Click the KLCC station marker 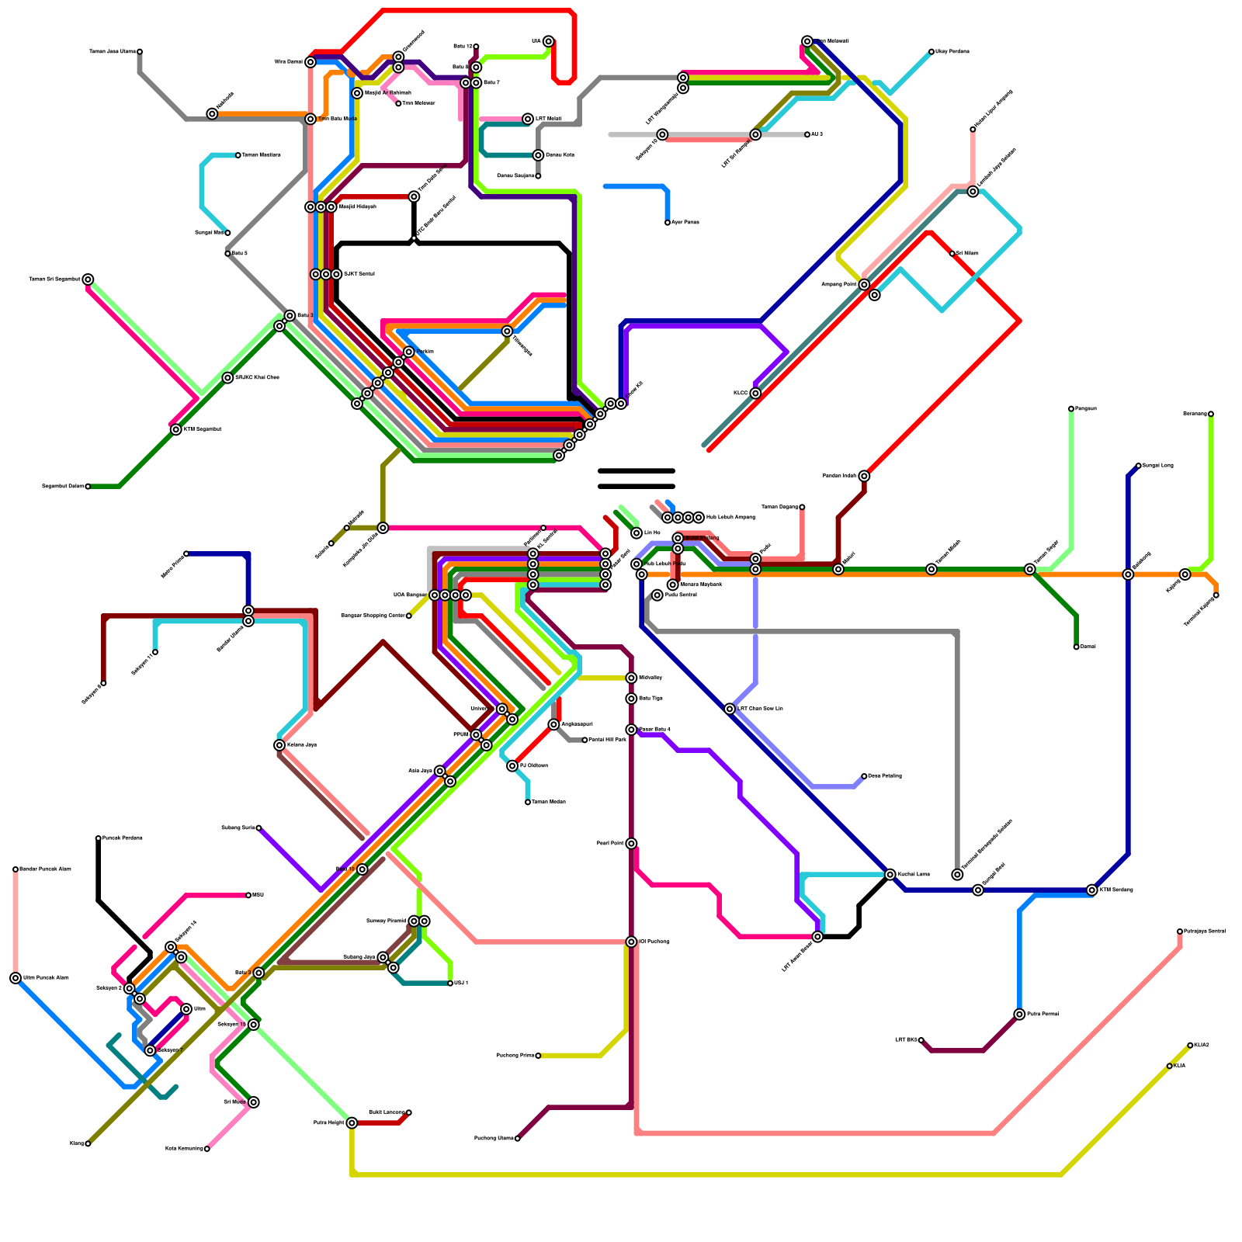pyautogui.click(x=755, y=394)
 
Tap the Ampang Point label pyautogui.click(x=839, y=285)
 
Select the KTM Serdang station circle pyautogui.click(x=1092, y=890)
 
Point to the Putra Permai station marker pyautogui.click(x=1019, y=1015)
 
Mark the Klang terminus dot pyautogui.click(x=88, y=1143)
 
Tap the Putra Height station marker pyautogui.click(x=352, y=1123)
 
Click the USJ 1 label pyautogui.click(x=461, y=984)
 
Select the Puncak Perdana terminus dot pyautogui.click(x=99, y=838)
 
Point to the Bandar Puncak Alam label pyautogui.click(x=45, y=869)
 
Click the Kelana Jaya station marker pyautogui.click(x=279, y=745)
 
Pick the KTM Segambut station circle pyautogui.click(x=176, y=430)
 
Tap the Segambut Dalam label pyautogui.click(x=63, y=487)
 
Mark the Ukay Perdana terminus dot pyautogui.click(x=931, y=52)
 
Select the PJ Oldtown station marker pyautogui.click(x=512, y=766)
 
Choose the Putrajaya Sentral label pyautogui.click(x=1205, y=931)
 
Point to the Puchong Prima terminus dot pyautogui.click(x=538, y=1056)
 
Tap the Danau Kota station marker pyautogui.click(x=538, y=155)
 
